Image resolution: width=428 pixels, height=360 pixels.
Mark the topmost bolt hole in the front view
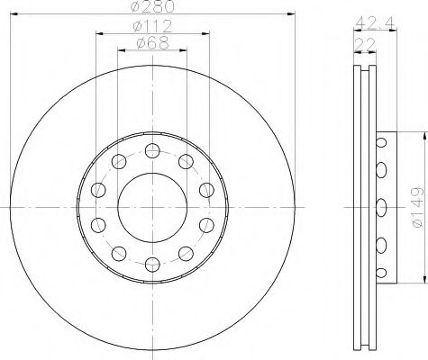tap(152, 149)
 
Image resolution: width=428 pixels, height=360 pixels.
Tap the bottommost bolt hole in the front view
tap(152, 263)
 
